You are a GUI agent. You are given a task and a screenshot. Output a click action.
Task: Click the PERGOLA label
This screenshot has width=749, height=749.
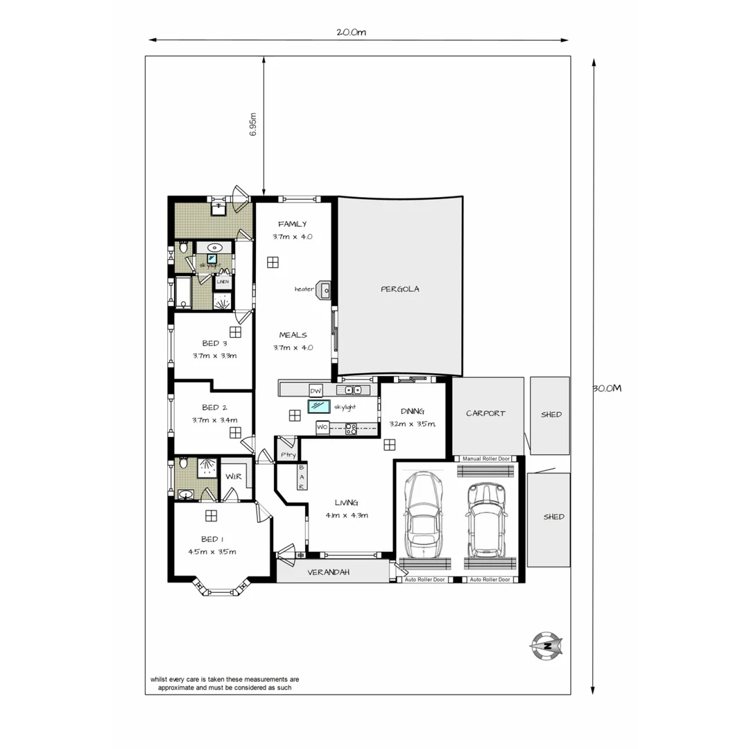(400, 289)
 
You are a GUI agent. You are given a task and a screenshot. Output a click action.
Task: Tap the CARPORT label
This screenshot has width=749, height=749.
(485, 413)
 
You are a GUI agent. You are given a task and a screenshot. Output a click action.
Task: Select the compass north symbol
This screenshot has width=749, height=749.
(546, 646)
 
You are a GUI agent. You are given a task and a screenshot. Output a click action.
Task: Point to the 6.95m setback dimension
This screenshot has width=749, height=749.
(253, 125)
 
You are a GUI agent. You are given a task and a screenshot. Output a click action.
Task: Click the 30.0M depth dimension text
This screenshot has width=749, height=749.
(607, 388)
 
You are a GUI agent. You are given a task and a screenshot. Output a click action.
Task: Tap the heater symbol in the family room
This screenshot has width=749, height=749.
(323, 289)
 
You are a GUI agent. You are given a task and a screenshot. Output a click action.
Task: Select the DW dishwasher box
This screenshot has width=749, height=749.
(316, 390)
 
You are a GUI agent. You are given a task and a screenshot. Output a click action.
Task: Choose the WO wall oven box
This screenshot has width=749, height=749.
(322, 428)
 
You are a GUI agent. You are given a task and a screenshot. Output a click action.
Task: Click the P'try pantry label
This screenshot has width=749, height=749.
(288, 455)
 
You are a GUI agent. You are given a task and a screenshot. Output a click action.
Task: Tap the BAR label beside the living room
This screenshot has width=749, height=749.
(302, 477)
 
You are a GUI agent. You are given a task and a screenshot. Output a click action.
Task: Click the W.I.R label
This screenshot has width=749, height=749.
(233, 476)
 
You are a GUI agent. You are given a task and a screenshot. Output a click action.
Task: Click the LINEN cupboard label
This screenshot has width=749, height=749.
(223, 282)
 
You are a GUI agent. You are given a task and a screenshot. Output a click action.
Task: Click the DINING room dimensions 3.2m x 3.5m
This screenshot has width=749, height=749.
(412, 424)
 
